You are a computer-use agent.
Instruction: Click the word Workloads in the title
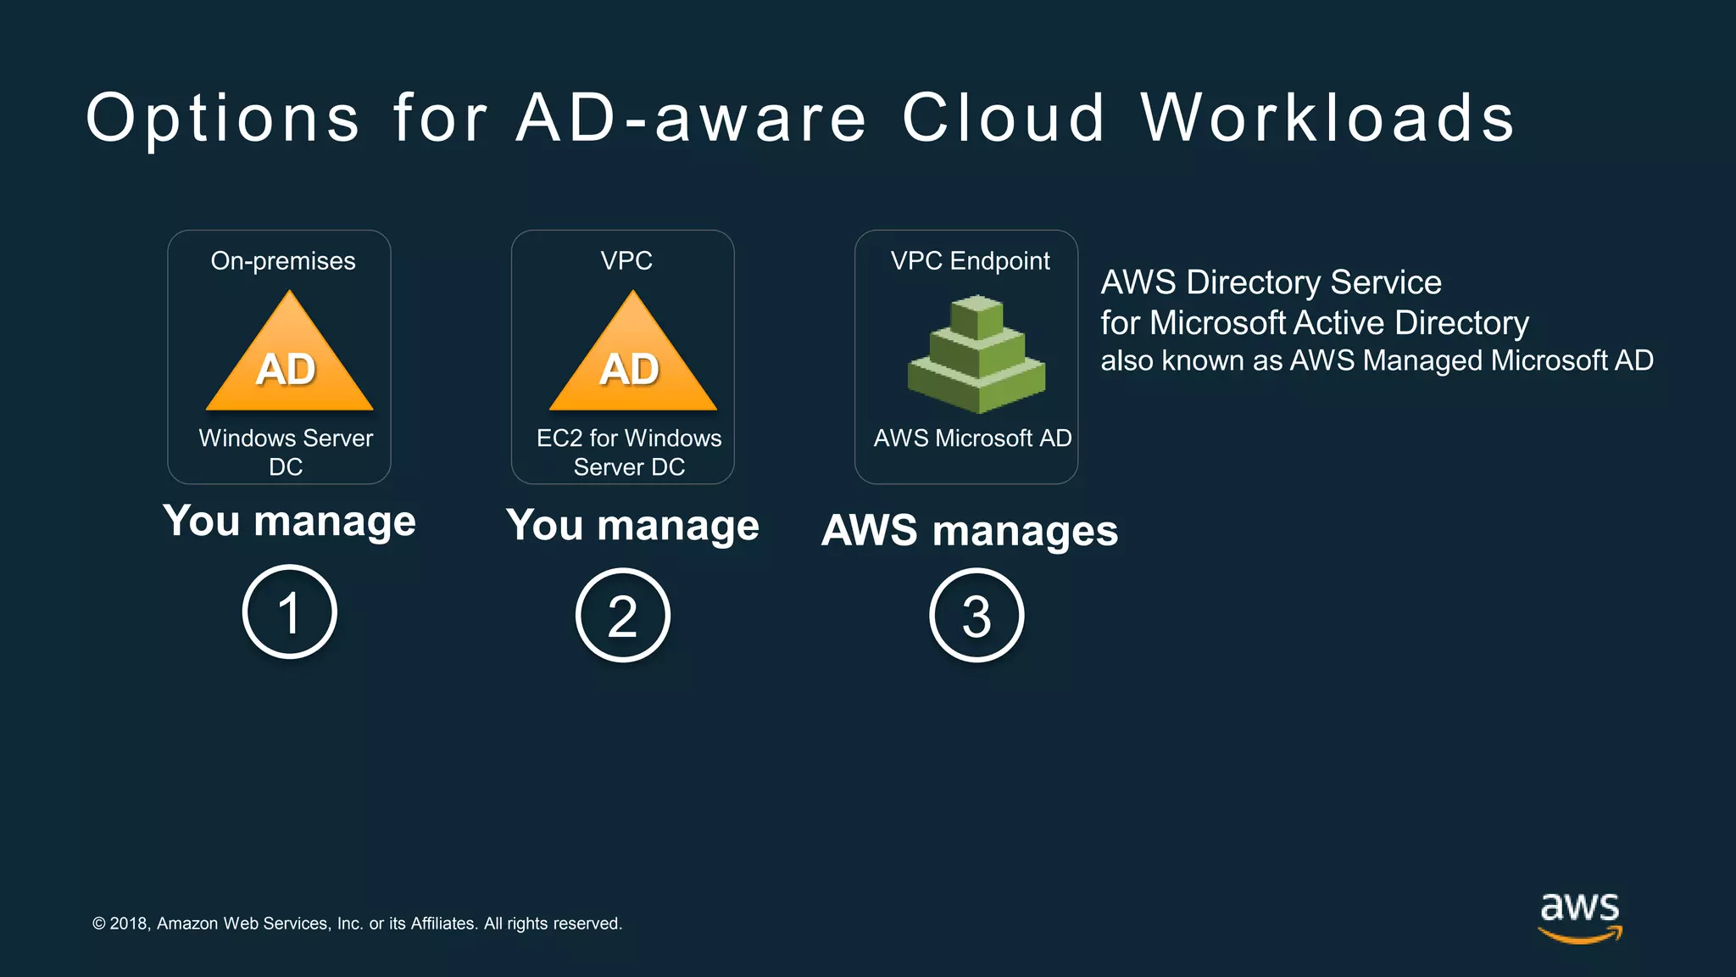1327,118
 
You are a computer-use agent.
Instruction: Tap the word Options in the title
223,119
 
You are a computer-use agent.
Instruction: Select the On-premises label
283,260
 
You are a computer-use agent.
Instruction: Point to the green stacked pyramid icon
976,355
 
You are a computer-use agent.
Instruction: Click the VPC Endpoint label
970,260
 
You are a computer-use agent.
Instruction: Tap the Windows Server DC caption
286,452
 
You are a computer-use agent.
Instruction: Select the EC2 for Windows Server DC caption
629,452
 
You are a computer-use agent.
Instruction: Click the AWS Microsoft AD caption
972,438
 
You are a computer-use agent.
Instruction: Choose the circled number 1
290,611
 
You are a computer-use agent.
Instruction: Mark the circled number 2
623,615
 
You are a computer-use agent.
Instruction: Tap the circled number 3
976,615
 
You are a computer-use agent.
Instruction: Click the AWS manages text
970,531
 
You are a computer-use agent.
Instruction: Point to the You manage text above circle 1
290,521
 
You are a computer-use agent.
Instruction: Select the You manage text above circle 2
632,526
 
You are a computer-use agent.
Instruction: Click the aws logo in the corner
1580,916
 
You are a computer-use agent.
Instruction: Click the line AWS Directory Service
1271,282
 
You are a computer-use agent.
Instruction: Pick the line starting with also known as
1377,360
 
